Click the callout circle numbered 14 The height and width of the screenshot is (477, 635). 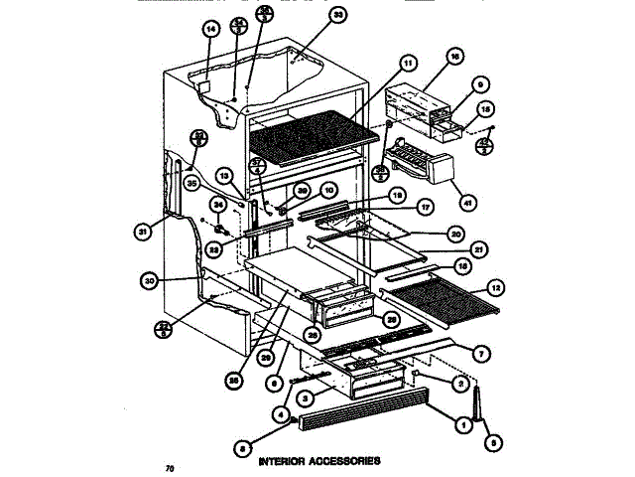point(209,30)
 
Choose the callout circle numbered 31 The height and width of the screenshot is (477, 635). point(144,234)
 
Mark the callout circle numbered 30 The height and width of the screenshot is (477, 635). point(151,281)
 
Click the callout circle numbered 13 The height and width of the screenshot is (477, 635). point(224,176)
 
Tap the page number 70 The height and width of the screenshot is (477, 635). point(171,467)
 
